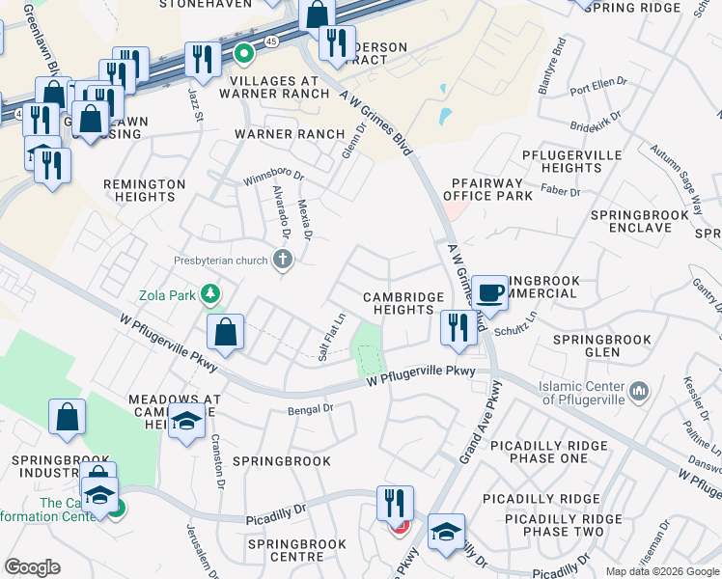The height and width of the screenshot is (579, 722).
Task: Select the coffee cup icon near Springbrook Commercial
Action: point(490,292)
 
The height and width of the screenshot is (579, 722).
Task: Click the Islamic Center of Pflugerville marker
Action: point(638,391)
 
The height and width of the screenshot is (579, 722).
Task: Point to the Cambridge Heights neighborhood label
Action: point(403,304)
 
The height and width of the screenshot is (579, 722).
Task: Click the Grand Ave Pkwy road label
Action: point(480,423)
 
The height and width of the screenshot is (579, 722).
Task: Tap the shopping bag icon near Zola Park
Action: point(225,332)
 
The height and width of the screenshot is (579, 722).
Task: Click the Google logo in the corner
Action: point(32,567)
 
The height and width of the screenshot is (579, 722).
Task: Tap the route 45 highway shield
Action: point(272,42)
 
